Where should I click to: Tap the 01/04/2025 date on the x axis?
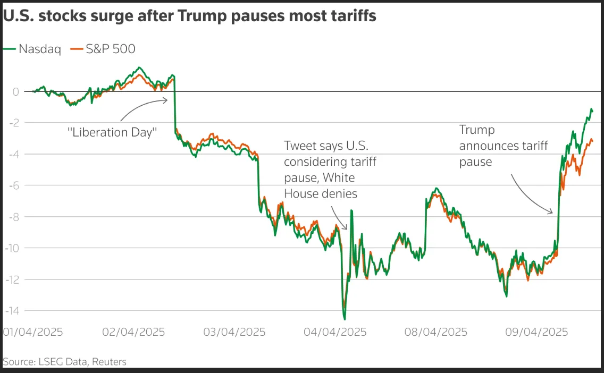point(33,332)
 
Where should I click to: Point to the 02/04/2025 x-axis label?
point(133,332)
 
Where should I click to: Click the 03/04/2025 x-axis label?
point(234,332)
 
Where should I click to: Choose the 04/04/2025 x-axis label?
point(335,332)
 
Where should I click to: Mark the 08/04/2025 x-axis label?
point(435,332)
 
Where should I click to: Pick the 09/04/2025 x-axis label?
point(536,332)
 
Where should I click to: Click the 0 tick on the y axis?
point(16,92)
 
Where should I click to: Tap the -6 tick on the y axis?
point(13,185)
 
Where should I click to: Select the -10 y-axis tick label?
point(12,248)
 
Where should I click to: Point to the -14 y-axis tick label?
point(12,311)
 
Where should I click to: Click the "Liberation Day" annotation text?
point(113,132)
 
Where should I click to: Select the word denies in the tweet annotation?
point(339,194)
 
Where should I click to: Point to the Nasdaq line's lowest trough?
point(345,319)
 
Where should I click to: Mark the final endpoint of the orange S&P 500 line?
point(592,140)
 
